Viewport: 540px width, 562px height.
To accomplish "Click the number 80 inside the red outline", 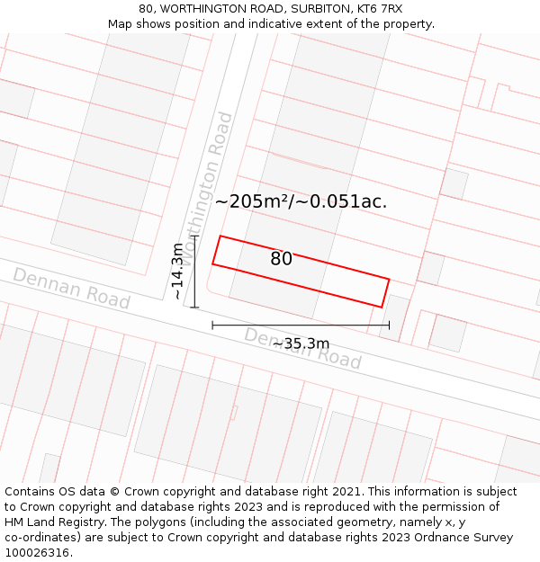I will point(281,259).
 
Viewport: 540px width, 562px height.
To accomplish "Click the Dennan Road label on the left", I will point(71,288).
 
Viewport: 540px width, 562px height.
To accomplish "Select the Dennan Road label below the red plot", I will point(302,348).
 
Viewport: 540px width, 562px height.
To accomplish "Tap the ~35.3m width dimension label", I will point(301,343).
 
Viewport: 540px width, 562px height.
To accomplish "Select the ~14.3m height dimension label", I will point(177,271).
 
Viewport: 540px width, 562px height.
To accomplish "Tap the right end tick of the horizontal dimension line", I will point(390,326).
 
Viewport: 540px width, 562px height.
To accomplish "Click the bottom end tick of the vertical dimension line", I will point(194,308).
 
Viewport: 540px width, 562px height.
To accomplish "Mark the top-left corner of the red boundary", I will point(220,236).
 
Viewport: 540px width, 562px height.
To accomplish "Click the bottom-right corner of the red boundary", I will point(382,308).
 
